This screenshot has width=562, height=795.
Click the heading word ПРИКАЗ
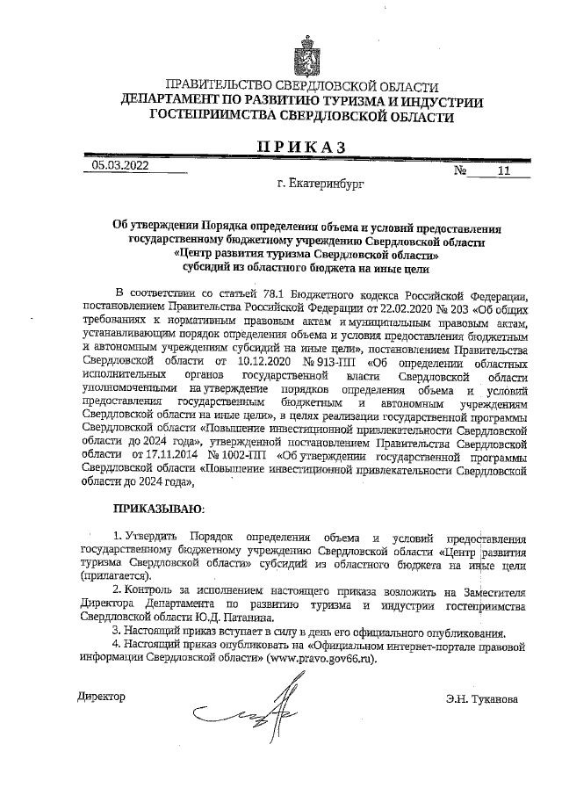coord(301,146)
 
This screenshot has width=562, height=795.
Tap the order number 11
coord(502,172)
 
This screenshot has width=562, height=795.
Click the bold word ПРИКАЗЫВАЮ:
coord(158,508)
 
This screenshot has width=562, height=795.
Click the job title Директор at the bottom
coord(102,697)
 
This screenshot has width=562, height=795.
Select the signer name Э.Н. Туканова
coord(482,699)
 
